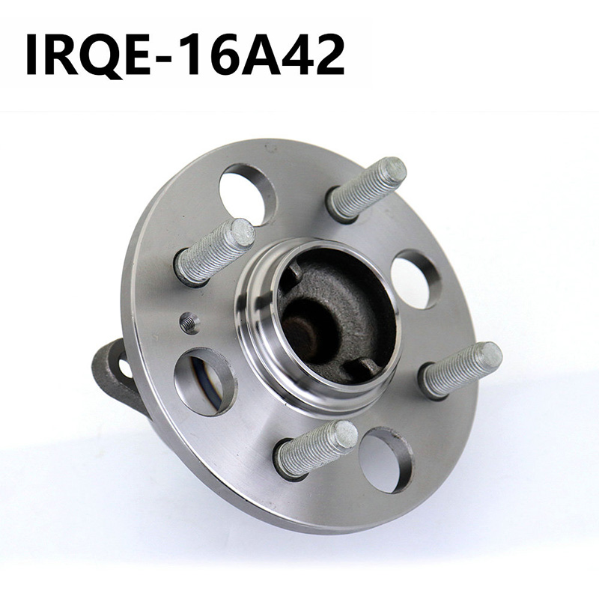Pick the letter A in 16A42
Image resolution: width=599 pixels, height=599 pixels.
click(x=260, y=55)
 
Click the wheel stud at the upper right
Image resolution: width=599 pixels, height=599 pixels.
click(x=367, y=189)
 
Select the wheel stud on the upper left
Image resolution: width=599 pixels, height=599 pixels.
click(x=215, y=252)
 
